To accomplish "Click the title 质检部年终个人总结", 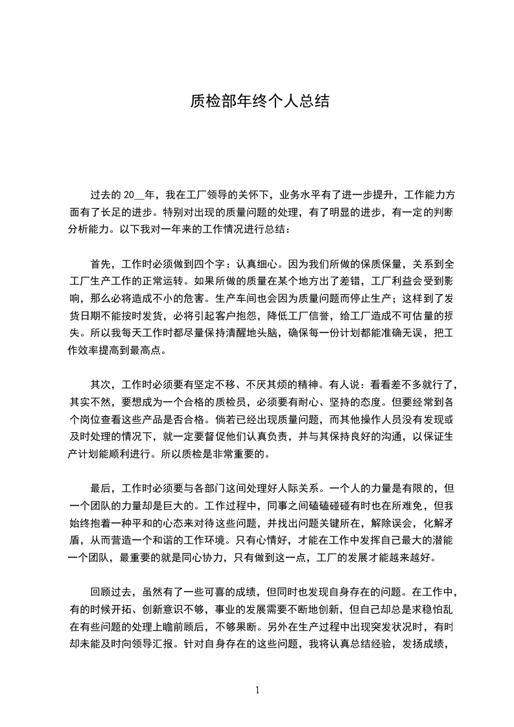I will pyautogui.click(x=259, y=101).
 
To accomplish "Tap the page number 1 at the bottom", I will pyautogui.click(x=257, y=690).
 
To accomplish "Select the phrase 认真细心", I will pyautogui.click(x=259, y=264).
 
